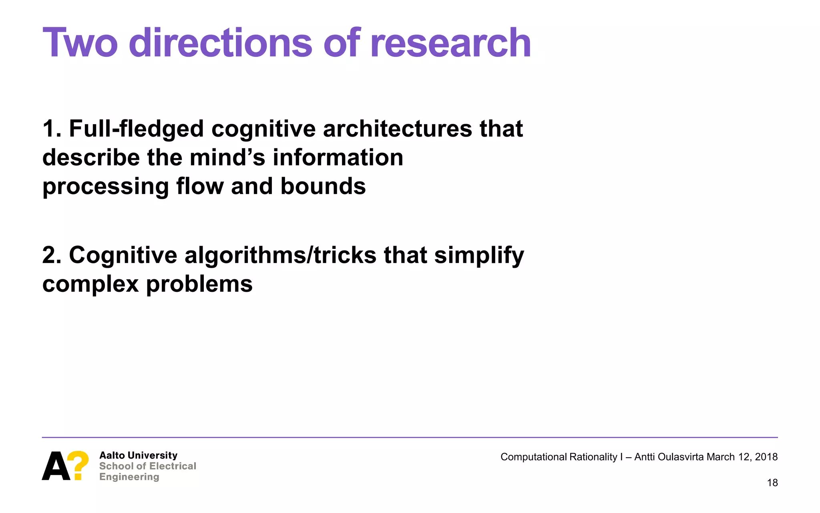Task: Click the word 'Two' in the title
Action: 80,43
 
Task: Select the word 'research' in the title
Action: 450,43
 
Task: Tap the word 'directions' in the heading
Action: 220,43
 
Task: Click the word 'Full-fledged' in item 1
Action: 136,129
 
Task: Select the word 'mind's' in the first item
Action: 227,158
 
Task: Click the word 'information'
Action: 338,158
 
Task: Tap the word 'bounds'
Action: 323,186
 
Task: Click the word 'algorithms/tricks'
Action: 280,255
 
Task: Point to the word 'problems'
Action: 199,285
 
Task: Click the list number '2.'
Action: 52,255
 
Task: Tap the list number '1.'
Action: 52,129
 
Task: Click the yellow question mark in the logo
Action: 78,465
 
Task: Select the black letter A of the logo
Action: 56,466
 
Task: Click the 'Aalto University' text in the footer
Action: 138,455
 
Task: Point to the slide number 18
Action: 772,483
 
